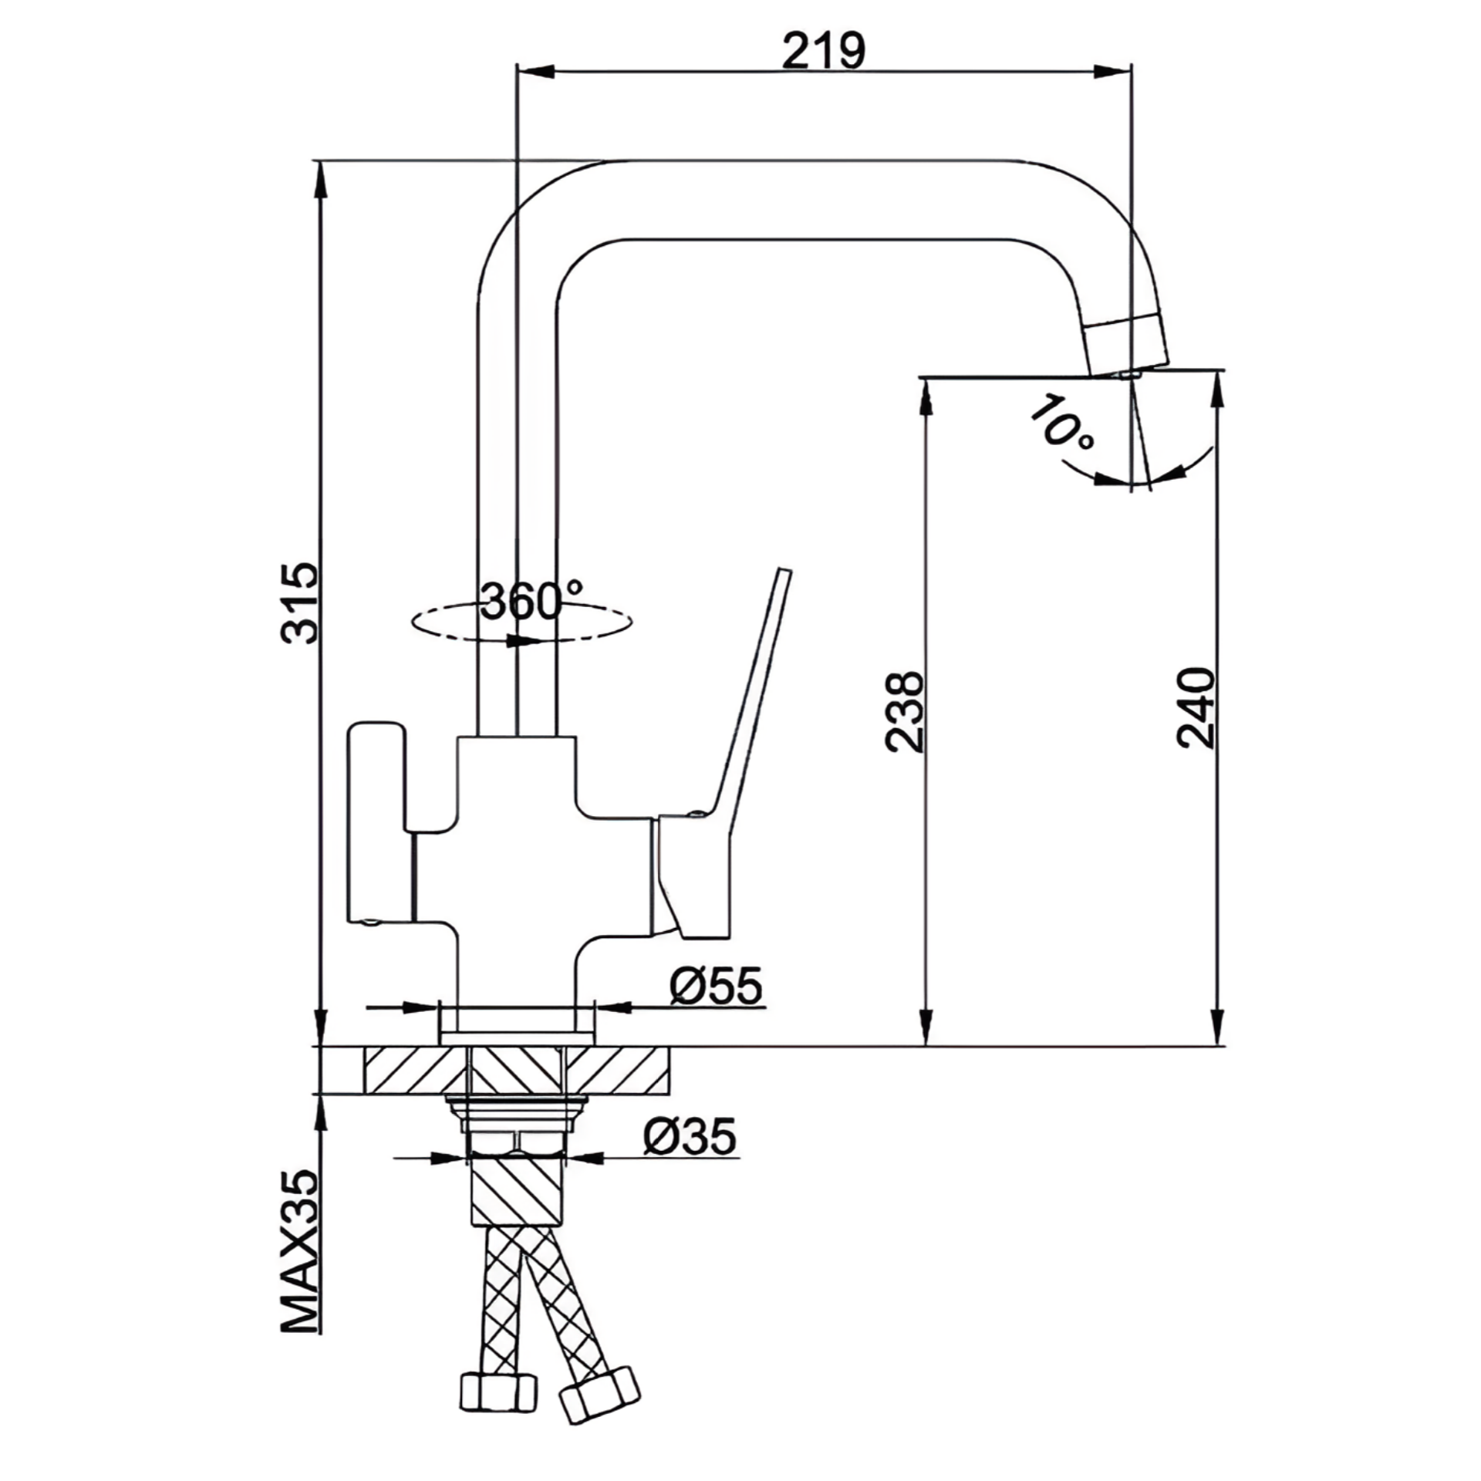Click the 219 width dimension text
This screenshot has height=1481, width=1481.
click(823, 51)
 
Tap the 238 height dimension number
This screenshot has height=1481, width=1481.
click(903, 710)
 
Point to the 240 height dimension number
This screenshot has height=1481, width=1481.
click(1195, 707)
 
